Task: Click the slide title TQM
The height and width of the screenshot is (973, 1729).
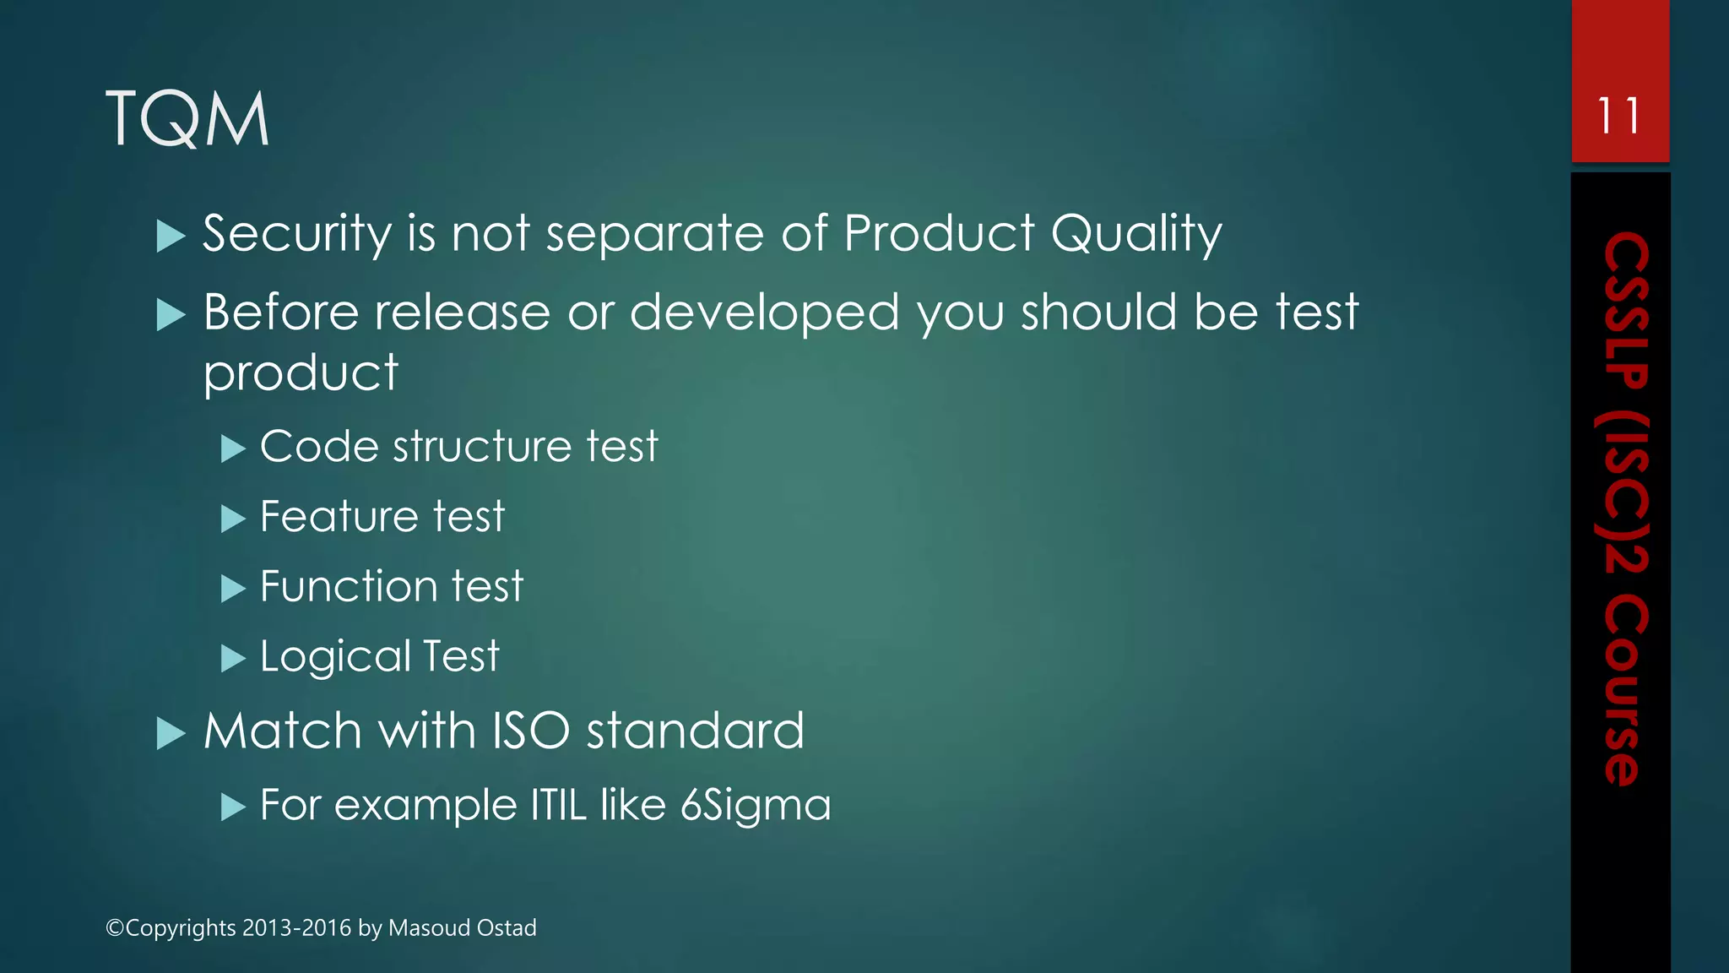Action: click(187, 119)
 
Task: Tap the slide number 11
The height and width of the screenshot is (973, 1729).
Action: click(1619, 116)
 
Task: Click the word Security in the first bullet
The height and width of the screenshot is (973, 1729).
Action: click(296, 233)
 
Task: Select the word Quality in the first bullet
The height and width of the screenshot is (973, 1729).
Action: click(1136, 233)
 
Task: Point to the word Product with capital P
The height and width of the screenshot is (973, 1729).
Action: click(939, 233)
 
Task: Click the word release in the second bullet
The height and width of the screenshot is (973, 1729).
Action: click(463, 313)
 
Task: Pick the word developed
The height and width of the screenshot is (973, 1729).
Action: click(765, 313)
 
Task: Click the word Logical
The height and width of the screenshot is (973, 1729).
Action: click(335, 657)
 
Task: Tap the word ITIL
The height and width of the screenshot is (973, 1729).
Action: click(558, 805)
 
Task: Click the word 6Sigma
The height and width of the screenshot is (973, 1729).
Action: click(756, 806)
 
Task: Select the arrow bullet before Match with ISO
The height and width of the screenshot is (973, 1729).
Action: click(171, 734)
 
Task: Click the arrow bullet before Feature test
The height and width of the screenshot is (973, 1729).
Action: click(232, 519)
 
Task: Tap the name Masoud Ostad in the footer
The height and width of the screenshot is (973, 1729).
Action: click(462, 927)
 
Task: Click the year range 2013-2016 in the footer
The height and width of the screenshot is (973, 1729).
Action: click(296, 927)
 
